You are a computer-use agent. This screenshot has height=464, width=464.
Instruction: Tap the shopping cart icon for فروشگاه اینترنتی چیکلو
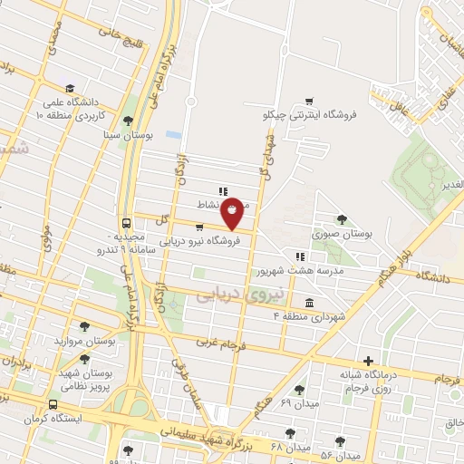(x=309, y=101)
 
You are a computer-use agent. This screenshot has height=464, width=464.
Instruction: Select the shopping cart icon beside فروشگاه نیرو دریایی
(x=198, y=227)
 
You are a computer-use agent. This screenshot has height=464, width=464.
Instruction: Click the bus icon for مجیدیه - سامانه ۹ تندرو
(x=126, y=223)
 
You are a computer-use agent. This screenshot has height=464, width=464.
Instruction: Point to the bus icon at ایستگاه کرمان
(x=54, y=404)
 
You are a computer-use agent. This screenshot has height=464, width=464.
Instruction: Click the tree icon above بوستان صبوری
(x=341, y=218)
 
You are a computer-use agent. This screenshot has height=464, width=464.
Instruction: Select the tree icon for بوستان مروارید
(x=84, y=326)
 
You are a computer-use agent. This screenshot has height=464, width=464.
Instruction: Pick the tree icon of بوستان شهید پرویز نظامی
(x=84, y=357)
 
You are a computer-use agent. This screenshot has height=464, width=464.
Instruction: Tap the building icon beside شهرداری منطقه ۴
(x=310, y=302)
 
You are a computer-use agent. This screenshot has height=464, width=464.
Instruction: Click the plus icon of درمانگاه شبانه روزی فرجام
(x=368, y=360)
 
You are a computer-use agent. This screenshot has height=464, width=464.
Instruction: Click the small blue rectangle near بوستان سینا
(x=173, y=135)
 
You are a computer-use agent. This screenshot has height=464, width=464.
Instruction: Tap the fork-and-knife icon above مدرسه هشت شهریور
(x=300, y=256)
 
